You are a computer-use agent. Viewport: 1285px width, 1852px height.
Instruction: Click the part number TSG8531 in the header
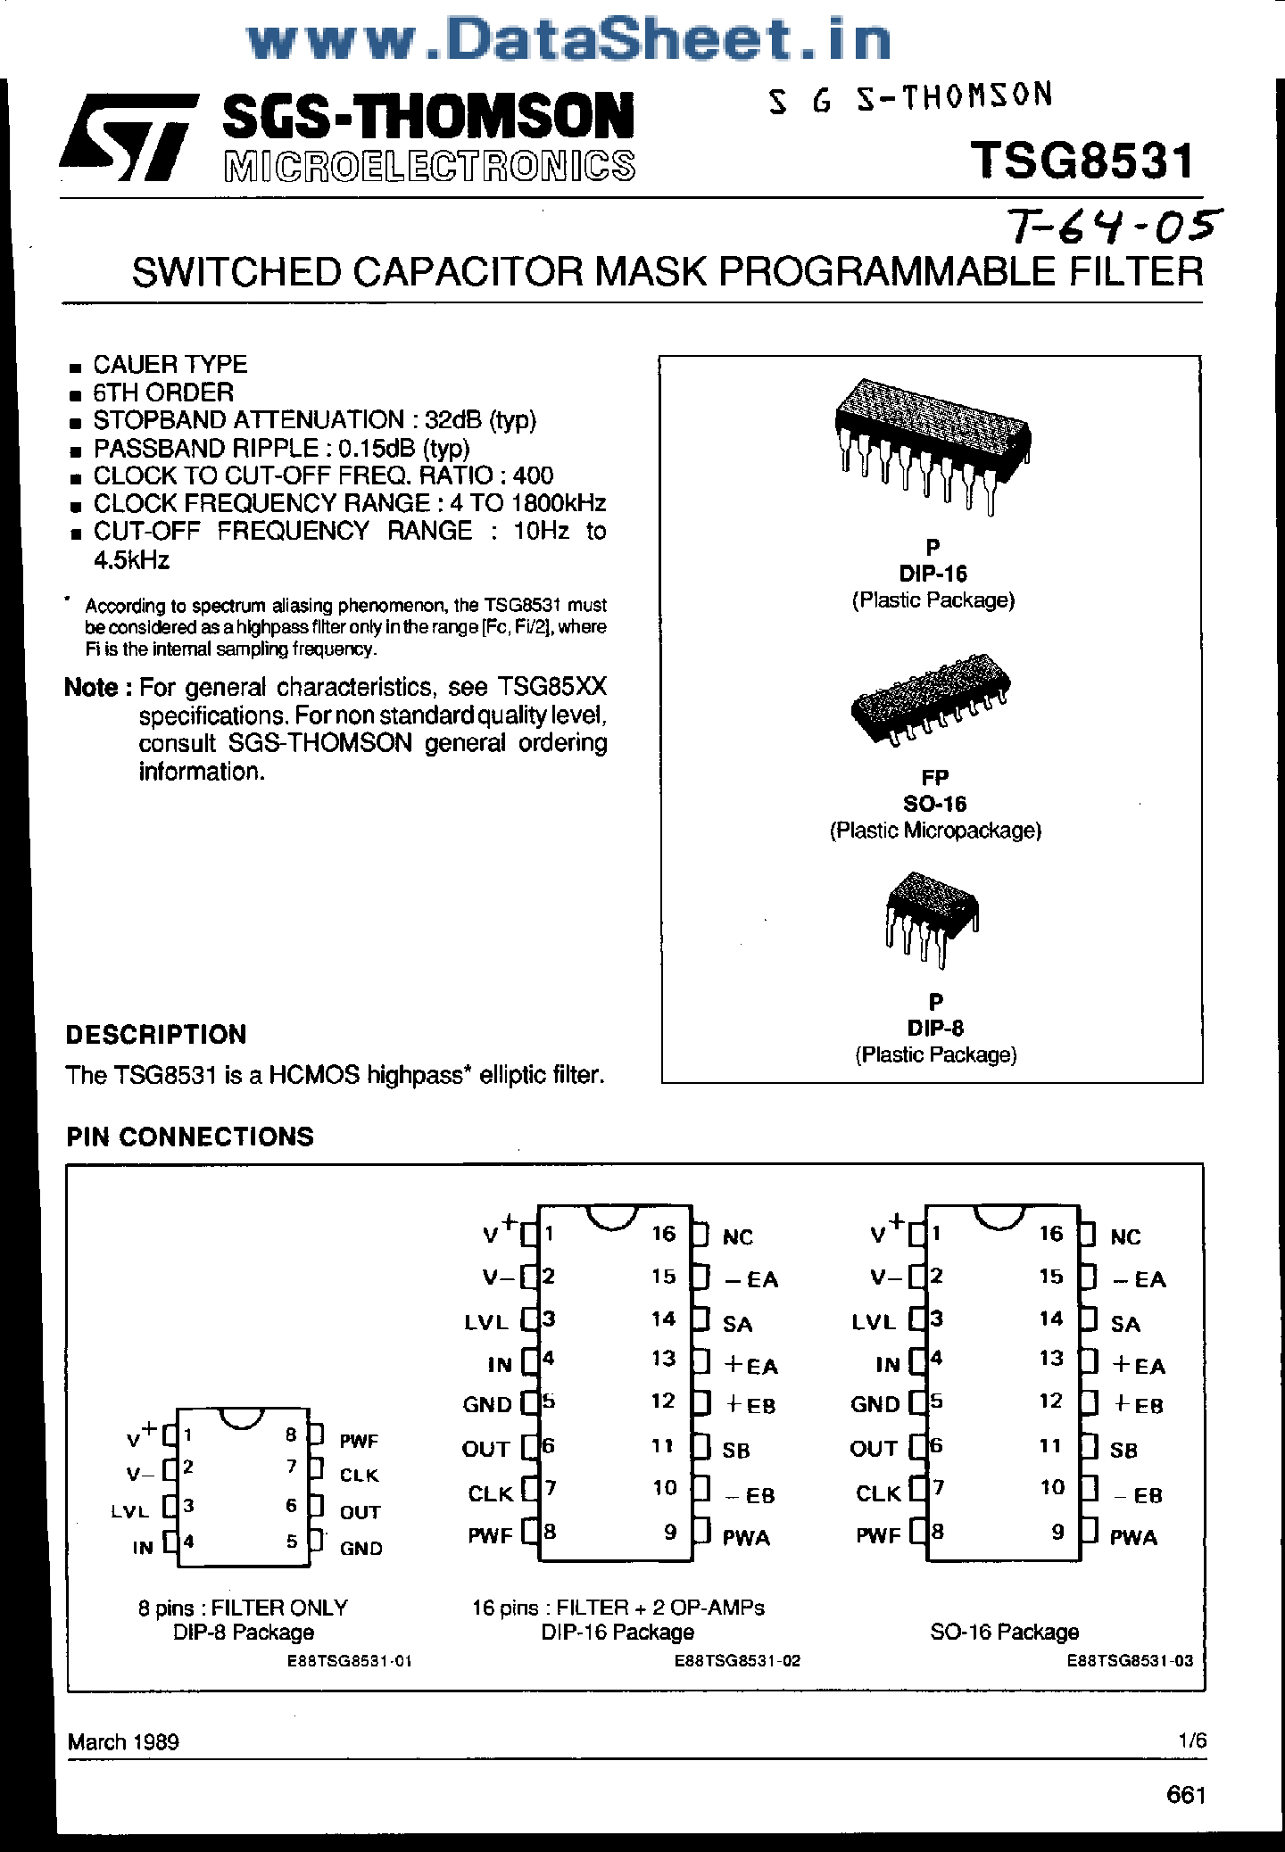point(1082,161)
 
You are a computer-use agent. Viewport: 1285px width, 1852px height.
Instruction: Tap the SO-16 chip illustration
point(930,699)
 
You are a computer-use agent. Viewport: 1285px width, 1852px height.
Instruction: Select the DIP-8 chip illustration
point(932,917)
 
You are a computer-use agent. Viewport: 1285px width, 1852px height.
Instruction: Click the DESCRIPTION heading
point(156,1035)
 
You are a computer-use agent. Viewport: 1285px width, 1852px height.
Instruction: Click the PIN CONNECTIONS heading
point(190,1137)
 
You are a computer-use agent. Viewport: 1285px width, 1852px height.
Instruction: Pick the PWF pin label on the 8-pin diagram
point(359,1441)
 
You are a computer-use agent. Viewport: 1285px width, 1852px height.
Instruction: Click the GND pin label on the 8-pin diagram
point(361,1549)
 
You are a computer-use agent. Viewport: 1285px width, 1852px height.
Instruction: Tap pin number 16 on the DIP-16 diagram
point(663,1234)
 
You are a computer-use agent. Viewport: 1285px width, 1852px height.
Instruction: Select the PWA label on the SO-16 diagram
point(1133,1537)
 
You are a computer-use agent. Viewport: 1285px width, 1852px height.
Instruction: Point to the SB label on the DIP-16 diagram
point(736,1451)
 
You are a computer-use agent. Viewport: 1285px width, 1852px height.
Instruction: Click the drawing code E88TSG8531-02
point(737,1660)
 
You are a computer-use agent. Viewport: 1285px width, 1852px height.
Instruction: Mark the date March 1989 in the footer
point(123,1741)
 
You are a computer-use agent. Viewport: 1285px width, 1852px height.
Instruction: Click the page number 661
point(1185,1795)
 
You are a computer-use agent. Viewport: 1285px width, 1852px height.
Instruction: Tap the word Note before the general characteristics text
point(91,688)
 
